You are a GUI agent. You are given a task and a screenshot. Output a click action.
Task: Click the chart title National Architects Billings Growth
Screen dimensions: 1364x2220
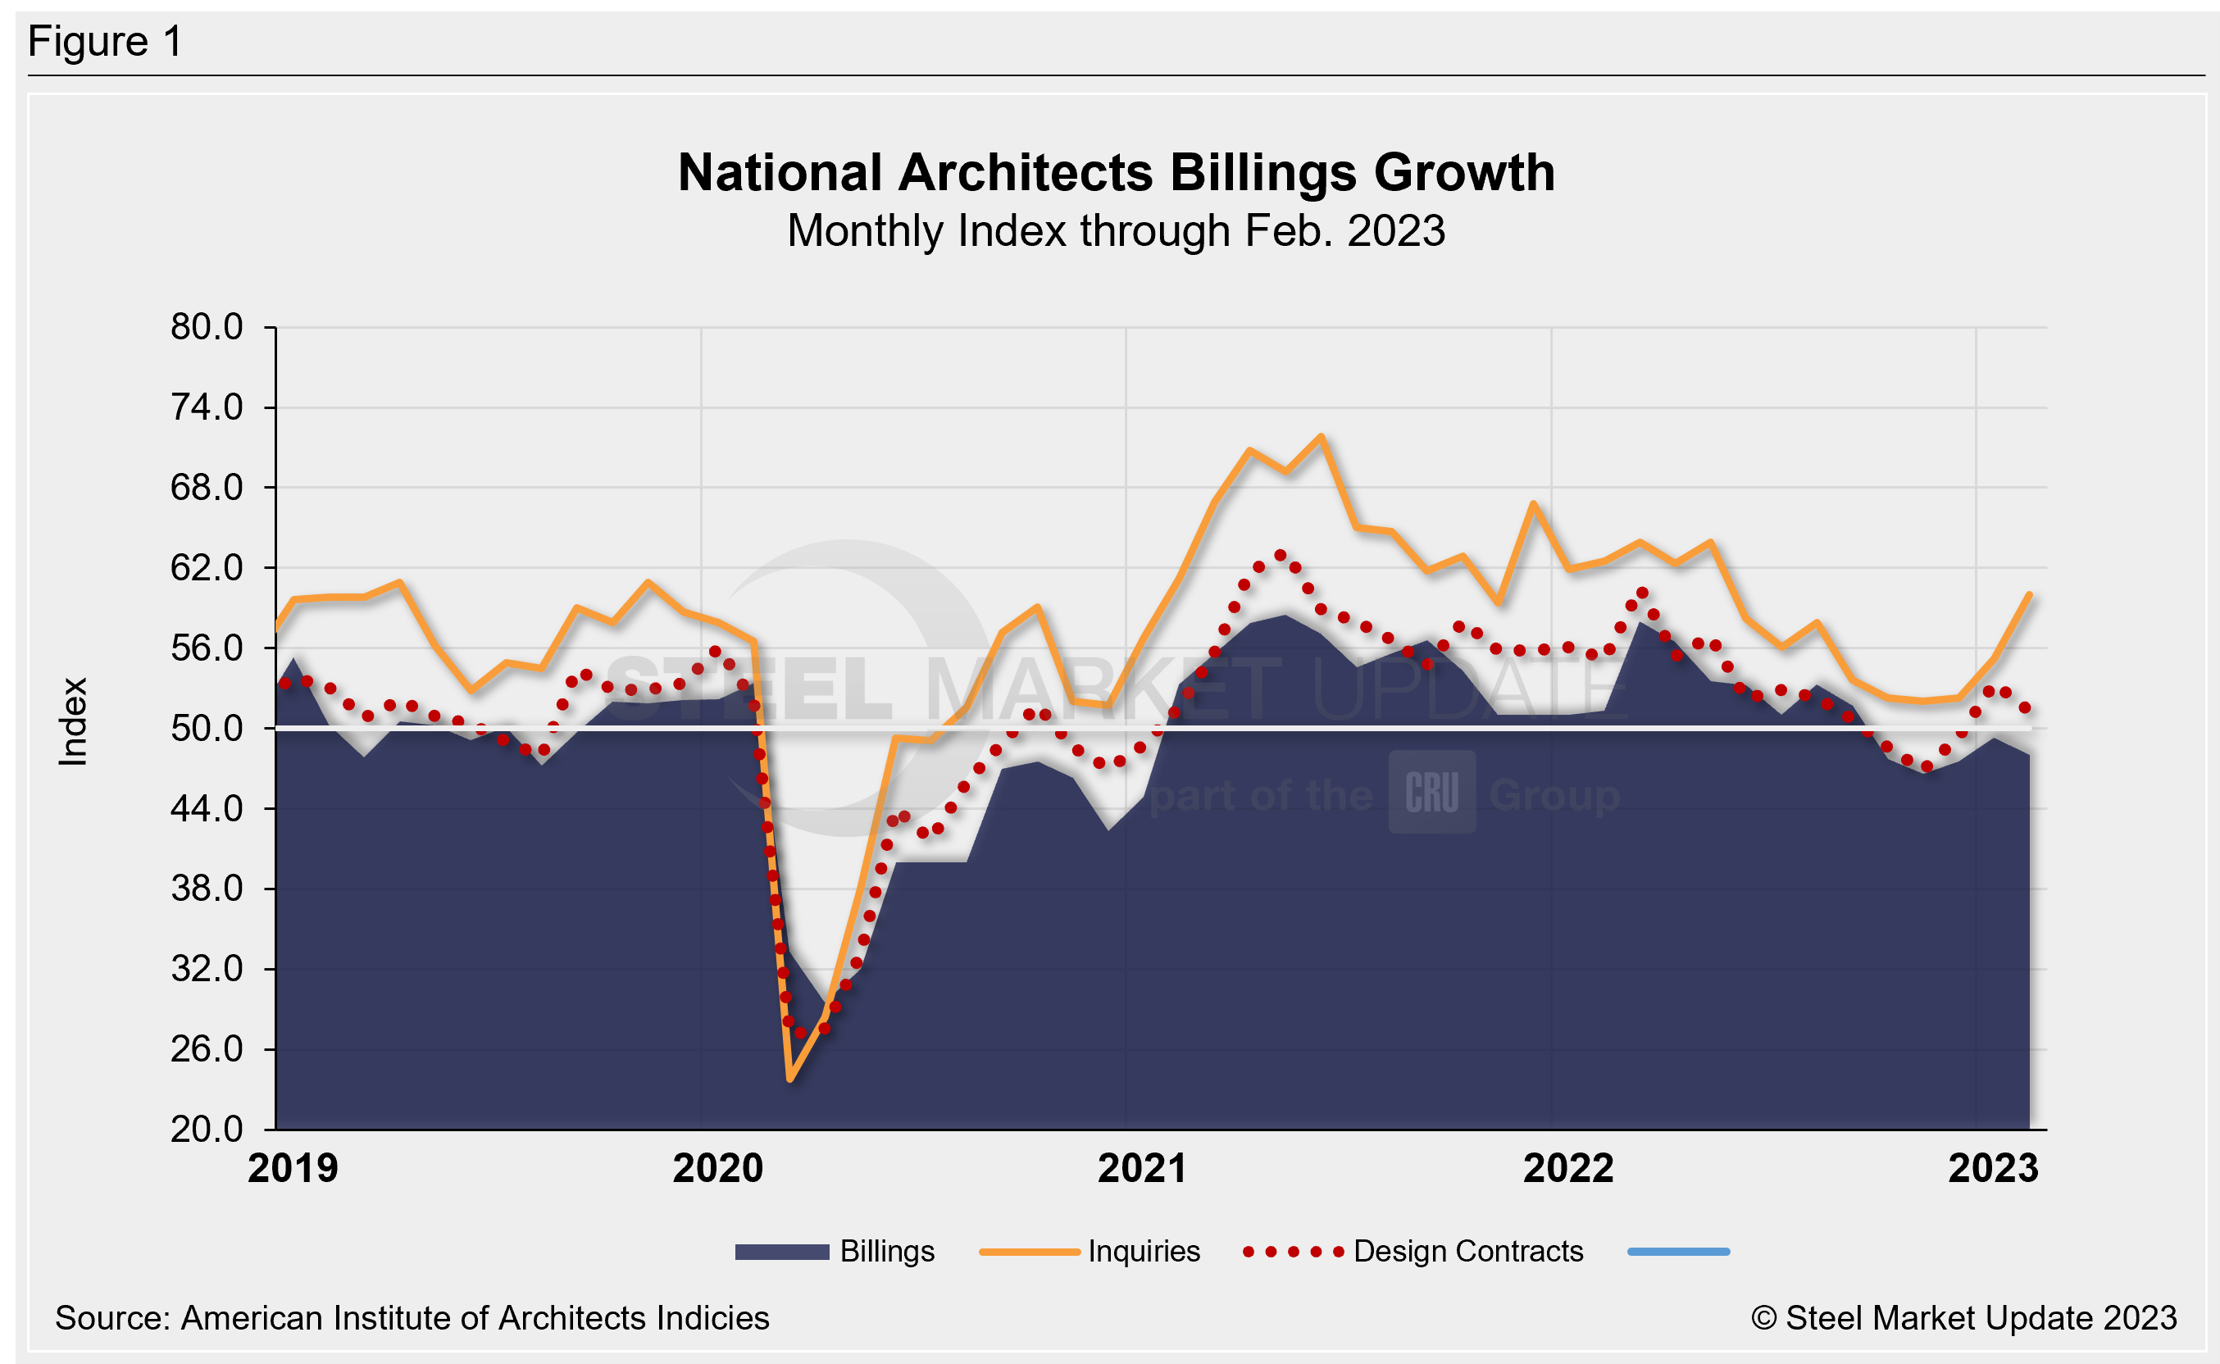1116,172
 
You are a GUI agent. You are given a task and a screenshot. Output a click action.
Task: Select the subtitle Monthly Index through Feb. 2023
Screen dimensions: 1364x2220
1116,231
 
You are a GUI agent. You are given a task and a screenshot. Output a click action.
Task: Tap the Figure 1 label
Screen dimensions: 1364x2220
105,42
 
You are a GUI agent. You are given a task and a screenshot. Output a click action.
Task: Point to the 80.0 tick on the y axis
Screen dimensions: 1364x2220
207,326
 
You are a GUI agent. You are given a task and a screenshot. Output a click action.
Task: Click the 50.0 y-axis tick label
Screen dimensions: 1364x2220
207,728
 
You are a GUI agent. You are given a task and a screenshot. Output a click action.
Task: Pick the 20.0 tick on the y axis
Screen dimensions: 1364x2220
207,1130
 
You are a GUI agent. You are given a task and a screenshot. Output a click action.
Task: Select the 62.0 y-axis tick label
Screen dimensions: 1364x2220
207,567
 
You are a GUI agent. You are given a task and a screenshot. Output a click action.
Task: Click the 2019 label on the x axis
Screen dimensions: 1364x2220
293,1169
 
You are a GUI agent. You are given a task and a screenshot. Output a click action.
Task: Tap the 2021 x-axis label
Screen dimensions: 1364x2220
1142,1169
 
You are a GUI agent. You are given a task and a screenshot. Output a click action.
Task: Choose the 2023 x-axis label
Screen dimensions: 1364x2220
1993,1169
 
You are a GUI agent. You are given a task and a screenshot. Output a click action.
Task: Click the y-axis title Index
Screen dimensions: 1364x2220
73,721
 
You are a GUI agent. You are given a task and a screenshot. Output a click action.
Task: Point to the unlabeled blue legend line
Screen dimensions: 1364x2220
1678,1251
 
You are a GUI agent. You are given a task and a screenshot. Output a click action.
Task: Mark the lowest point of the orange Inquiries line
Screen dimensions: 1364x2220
790,1079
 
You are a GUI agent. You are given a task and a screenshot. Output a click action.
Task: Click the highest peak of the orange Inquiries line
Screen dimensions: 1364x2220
1321,437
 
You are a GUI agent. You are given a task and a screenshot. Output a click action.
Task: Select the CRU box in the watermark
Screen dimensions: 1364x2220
1431,792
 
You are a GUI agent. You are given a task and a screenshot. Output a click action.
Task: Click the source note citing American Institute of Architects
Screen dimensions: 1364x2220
412,1318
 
